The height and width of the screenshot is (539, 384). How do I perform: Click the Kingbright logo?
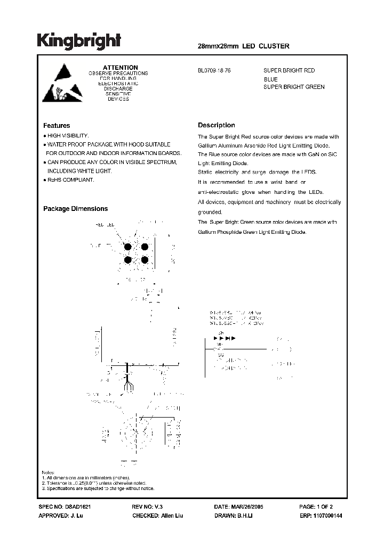point(79,41)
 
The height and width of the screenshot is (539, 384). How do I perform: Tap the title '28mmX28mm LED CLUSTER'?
point(243,46)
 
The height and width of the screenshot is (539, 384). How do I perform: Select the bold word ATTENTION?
point(120,68)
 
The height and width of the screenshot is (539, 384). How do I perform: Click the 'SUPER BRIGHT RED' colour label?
point(289,70)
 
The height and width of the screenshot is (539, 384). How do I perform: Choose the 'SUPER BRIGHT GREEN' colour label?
point(294,87)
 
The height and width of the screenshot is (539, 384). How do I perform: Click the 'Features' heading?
point(57,126)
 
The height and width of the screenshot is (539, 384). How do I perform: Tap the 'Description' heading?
point(216,125)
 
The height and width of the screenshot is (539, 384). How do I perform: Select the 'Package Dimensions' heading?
point(75,209)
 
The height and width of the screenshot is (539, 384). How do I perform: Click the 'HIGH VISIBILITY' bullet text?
point(68,136)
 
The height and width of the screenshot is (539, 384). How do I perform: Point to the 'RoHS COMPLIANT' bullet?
point(70,180)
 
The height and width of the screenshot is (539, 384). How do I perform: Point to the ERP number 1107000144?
point(327,516)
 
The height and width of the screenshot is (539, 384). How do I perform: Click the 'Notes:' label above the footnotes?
point(49,473)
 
